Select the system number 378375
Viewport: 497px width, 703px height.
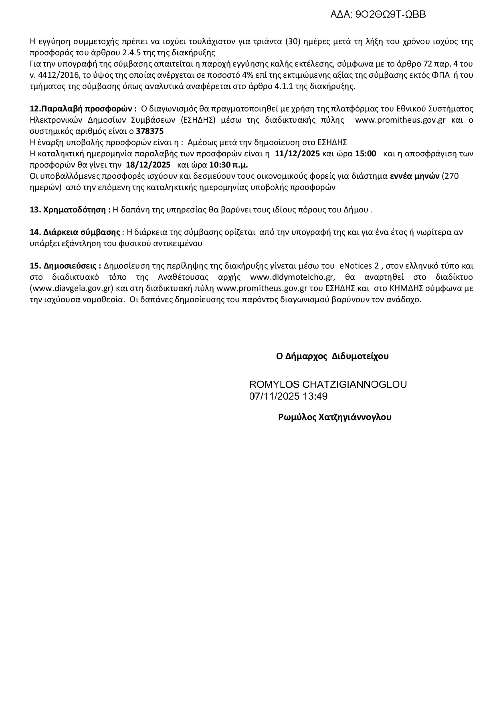click(150, 131)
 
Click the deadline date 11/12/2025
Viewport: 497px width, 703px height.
click(297, 154)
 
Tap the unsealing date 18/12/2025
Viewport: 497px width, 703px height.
click(148, 165)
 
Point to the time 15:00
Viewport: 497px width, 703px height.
click(366, 154)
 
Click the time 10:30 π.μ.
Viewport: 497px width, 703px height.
click(228, 165)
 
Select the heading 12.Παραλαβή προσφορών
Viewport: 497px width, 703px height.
click(83, 109)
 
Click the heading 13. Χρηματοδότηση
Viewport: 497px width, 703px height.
click(70, 210)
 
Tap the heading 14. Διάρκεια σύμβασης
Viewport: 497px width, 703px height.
click(75, 232)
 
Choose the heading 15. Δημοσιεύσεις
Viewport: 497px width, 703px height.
click(65, 266)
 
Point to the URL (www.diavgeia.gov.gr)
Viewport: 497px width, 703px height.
click(73, 288)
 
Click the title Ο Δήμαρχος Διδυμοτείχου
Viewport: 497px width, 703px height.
click(332, 356)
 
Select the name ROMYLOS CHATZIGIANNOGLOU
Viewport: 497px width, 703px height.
click(328, 384)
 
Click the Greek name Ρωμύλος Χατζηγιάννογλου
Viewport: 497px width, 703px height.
click(335, 417)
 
